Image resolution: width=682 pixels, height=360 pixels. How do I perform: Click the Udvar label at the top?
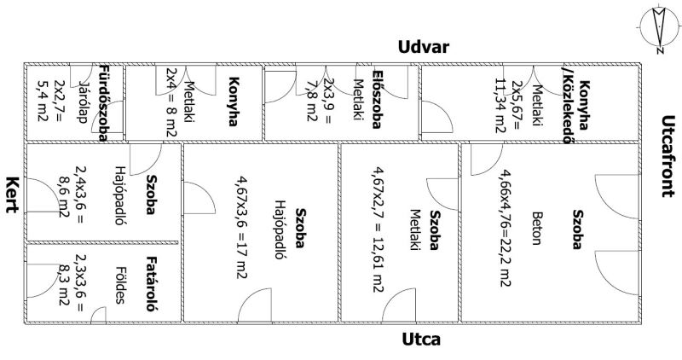click(427, 48)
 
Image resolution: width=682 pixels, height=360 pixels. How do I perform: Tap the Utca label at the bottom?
click(421, 340)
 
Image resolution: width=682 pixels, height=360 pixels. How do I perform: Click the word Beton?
click(536, 227)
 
